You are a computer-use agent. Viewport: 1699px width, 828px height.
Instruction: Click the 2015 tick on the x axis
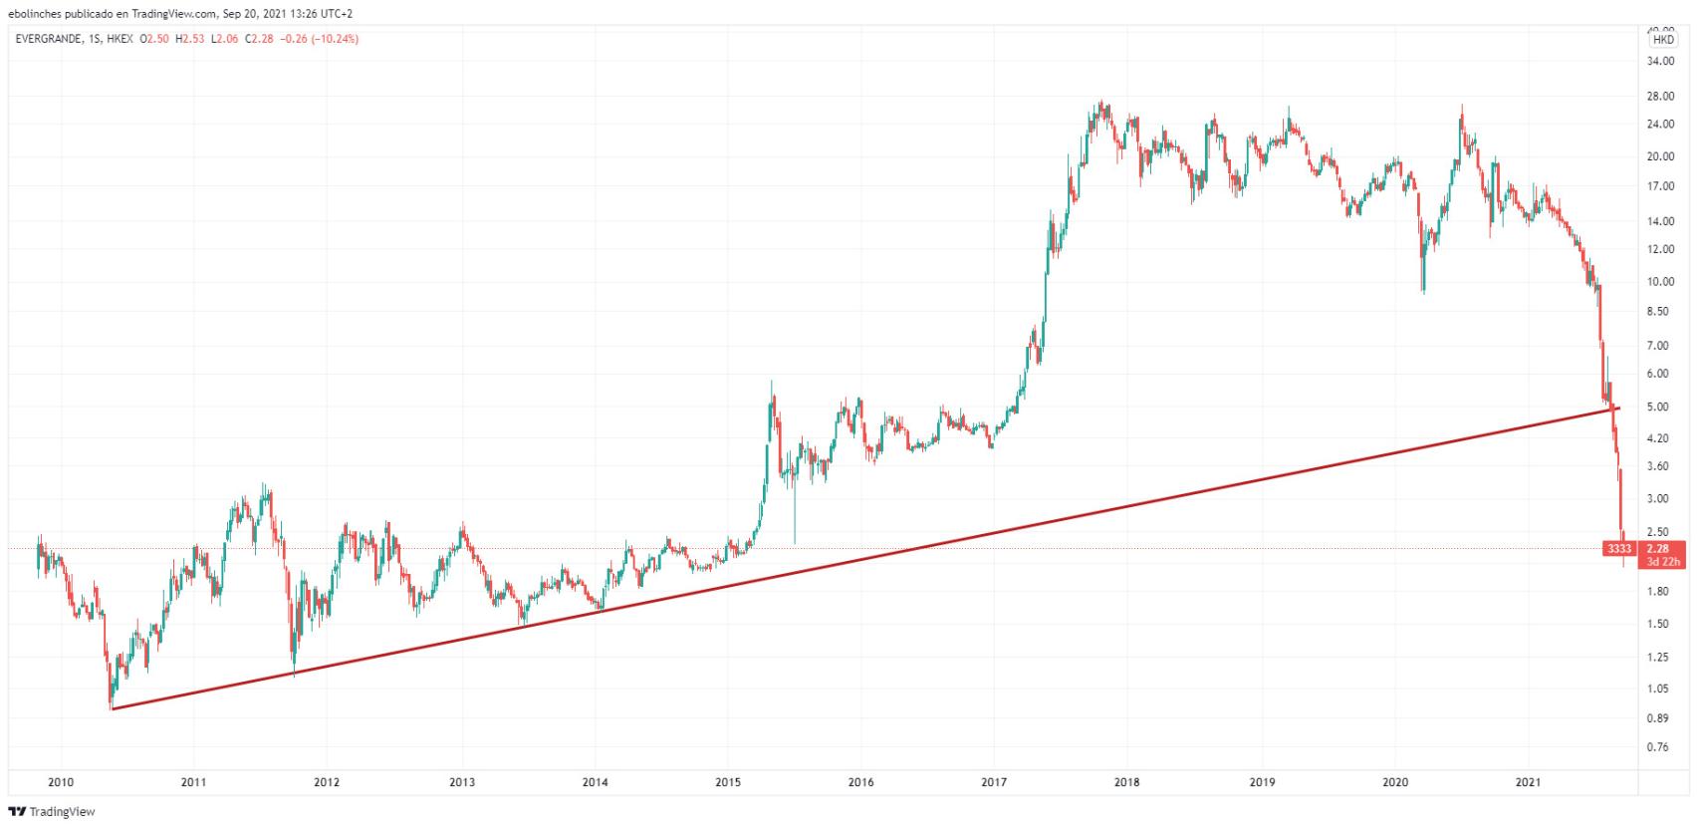point(728,782)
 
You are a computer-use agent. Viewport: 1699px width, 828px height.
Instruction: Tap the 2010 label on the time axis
point(61,782)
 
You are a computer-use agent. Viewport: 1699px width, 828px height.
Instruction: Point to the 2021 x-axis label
point(1528,782)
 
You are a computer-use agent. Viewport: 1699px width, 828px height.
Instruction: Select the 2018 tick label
point(1127,782)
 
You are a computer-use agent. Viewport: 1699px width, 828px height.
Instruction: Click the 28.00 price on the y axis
point(1660,97)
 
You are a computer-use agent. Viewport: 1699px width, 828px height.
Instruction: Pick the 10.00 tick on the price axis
point(1660,282)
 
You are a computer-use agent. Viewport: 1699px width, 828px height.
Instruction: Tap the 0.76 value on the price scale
point(1658,747)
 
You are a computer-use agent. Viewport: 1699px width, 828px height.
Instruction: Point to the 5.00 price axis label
point(1658,408)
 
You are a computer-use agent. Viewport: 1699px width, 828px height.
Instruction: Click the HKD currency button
point(1663,41)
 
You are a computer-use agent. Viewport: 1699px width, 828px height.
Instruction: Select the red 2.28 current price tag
point(1658,548)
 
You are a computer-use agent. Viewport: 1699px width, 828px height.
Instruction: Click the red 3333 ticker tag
point(1619,549)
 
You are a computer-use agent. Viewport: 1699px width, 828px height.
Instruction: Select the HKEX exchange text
point(120,39)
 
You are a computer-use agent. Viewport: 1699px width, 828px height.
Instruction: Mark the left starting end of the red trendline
point(113,708)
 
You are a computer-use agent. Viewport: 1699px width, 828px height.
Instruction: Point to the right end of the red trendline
point(1619,408)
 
